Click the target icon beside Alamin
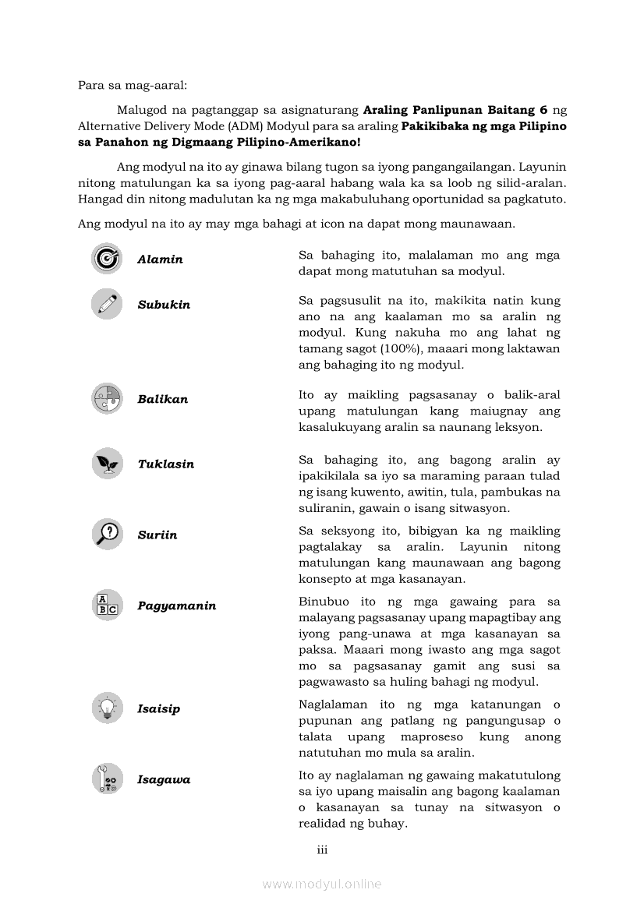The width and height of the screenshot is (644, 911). coord(107,259)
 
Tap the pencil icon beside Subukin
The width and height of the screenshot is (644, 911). coord(107,304)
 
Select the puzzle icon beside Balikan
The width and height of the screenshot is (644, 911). coord(107,399)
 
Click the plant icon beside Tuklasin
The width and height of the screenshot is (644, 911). coord(107,464)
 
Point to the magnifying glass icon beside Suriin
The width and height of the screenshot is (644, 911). coord(107,535)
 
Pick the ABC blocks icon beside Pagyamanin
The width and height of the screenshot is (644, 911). coord(107,606)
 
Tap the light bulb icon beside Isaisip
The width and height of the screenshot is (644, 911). coord(107,708)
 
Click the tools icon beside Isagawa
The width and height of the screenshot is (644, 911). coord(107,779)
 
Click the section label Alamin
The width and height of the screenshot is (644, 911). coord(160,260)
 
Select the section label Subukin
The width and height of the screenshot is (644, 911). coord(164,305)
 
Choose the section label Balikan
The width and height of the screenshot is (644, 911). coord(163,399)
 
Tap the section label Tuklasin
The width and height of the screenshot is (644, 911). coord(166,464)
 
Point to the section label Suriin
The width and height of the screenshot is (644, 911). coord(157,535)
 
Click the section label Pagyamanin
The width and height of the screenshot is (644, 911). coord(177,606)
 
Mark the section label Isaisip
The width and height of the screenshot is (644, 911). coord(159,708)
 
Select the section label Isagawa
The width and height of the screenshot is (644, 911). coord(164,779)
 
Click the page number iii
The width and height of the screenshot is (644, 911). coord(322,849)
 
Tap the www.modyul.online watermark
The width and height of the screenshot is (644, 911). coord(322,884)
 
